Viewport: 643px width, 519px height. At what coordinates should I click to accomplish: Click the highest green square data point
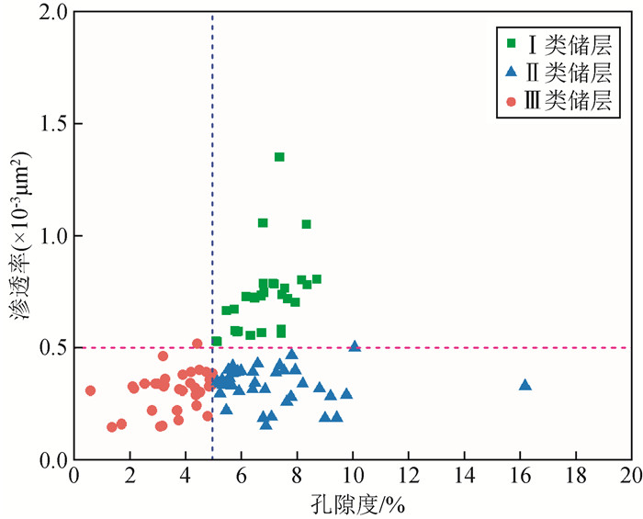pyautogui.click(x=279, y=157)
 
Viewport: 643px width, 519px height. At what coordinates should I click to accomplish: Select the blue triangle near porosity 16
pyautogui.click(x=525, y=384)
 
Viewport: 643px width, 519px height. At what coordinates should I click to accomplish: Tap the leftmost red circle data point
pyautogui.click(x=90, y=390)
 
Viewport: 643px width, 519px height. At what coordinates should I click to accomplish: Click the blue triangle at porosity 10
pyautogui.click(x=355, y=345)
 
